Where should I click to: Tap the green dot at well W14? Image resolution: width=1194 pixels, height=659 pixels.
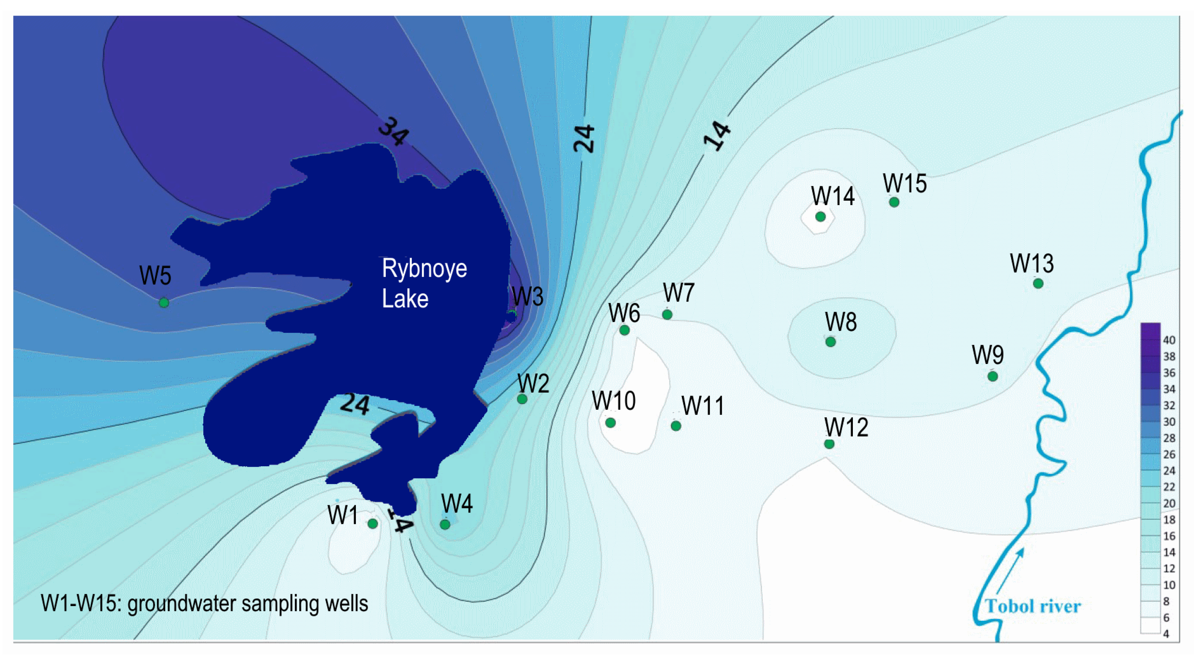pos(821,216)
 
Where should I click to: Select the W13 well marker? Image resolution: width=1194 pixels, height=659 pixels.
pos(1038,284)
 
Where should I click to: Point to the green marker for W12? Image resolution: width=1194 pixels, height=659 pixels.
pos(829,444)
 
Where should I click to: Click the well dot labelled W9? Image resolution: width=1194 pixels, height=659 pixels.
pos(992,376)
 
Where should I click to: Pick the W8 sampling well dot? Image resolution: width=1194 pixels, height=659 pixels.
pos(831,342)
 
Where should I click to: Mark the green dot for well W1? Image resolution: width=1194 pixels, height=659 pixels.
pos(373,524)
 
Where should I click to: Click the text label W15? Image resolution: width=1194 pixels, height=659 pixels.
pos(904,184)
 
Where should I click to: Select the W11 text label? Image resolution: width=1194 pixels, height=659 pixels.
pos(702,406)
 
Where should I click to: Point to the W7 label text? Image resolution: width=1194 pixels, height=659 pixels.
pos(679,293)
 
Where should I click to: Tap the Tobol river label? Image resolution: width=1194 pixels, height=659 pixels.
pos(1033,606)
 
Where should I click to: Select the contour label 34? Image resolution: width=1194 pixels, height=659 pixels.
pos(393,131)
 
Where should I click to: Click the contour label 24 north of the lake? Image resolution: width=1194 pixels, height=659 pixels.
pos(583,138)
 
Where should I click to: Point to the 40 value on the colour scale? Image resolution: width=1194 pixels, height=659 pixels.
pos(1169,340)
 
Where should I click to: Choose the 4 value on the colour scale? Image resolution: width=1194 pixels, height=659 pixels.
pos(1166,634)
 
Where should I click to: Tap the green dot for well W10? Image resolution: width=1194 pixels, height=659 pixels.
pos(611,422)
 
